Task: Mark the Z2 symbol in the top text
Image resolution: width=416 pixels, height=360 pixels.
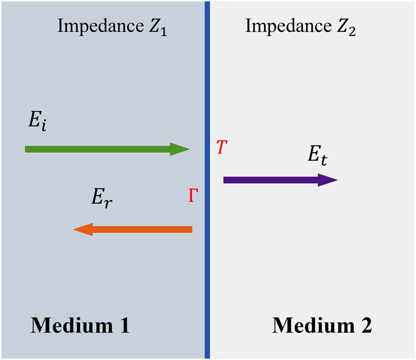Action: (x=346, y=27)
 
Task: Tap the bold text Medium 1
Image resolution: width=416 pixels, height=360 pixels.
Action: (x=80, y=325)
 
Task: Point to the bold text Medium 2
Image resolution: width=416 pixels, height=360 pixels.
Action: (x=322, y=325)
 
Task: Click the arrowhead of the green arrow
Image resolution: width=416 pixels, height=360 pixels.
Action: (x=179, y=149)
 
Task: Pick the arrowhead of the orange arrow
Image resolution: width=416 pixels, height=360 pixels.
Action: (x=83, y=229)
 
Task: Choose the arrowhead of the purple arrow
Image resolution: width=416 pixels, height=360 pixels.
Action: (x=328, y=180)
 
